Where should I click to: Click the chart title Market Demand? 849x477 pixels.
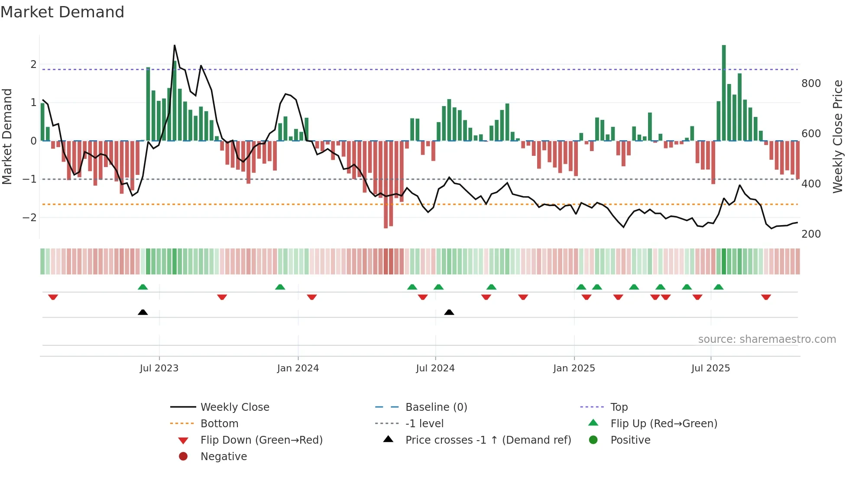[x=62, y=12]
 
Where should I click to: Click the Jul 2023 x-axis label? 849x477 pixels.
[x=159, y=368]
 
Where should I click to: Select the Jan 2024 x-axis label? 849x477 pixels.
[x=298, y=368]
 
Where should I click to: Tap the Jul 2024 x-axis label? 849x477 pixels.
[x=435, y=368]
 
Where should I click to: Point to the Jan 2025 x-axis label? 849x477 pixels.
[x=574, y=368]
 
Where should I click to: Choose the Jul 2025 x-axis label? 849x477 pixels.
[x=710, y=368]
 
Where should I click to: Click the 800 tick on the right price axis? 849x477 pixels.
[x=811, y=83]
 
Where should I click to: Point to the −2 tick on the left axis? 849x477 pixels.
[x=29, y=217]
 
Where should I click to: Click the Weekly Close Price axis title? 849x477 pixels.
[x=838, y=136]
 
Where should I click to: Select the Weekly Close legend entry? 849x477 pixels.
[x=234, y=407]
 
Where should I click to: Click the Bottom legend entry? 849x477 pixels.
[x=219, y=423]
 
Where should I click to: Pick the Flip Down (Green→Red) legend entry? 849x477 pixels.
[x=261, y=440]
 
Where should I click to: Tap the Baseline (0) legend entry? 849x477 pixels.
[x=436, y=407]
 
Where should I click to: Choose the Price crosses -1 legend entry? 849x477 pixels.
[x=488, y=440]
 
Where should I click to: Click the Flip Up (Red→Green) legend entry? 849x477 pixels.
[x=664, y=423]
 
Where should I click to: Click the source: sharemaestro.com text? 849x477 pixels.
[x=767, y=339]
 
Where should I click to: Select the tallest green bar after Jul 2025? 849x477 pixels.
[x=724, y=93]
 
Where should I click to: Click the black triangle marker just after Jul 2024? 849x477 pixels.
[x=449, y=312]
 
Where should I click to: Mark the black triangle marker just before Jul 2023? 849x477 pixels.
[x=143, y=312]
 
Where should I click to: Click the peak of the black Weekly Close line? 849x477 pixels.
[x=175, y=45]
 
